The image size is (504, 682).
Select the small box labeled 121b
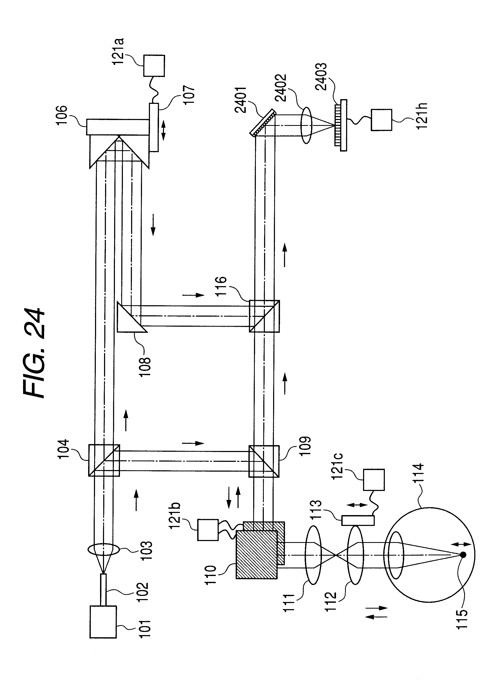(x=208, y=530)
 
